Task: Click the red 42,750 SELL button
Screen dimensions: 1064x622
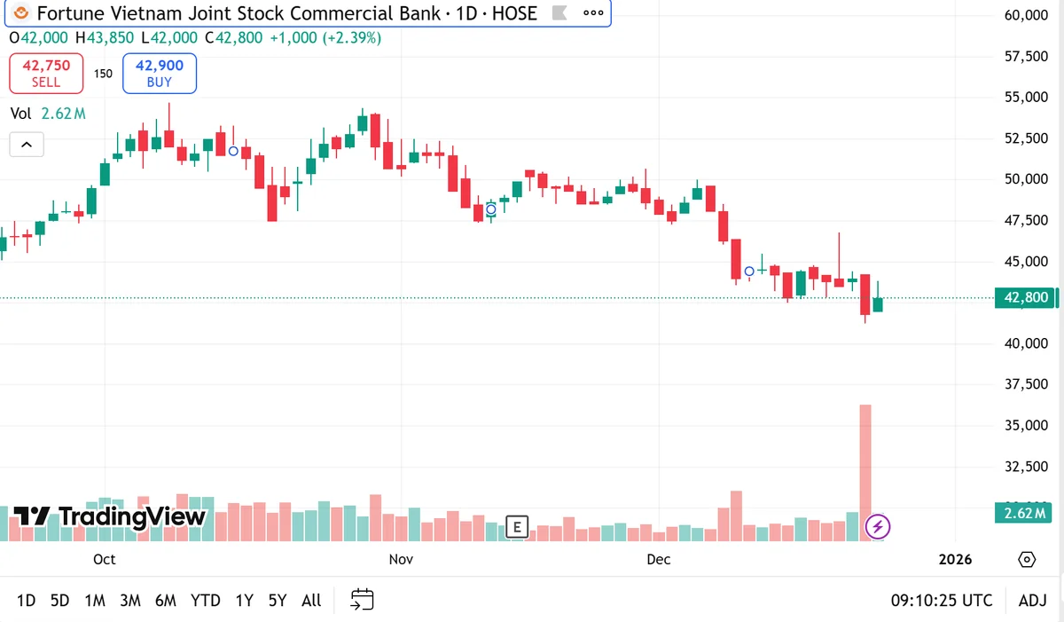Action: [46, 73]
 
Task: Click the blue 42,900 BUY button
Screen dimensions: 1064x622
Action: [160, 73]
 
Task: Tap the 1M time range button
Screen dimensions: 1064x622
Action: [95, 601]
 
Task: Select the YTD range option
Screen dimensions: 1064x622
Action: [205, 601]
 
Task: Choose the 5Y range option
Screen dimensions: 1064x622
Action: [278, 601]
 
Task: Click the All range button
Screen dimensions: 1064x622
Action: [311, 601]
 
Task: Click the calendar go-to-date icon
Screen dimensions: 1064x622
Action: [362, 599]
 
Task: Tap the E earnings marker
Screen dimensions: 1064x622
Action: [517, 526]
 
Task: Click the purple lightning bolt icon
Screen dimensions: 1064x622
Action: [877, 526]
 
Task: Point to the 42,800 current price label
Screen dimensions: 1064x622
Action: [1025, 297]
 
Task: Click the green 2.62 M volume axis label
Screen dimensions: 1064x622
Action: [1023, 513]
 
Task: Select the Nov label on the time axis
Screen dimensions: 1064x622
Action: [401, 559]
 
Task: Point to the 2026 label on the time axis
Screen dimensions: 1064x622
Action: [955, 559]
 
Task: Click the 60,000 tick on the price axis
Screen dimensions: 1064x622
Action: [1026, 15]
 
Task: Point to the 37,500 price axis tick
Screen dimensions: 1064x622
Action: [1026, 384]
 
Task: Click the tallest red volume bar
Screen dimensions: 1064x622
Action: [865, 473]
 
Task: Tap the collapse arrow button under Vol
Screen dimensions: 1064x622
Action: [27, 145]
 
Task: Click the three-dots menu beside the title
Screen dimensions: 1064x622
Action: [593, 12]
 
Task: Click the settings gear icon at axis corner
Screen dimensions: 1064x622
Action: [1027, 559]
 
